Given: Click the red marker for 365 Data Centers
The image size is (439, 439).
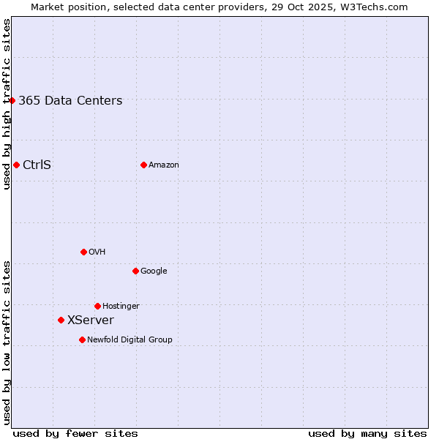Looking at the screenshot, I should [x=12, y=100].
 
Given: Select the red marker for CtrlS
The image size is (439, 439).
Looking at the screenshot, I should [x=16, y=165].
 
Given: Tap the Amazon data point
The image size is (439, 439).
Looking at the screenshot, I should [x=143, y=165].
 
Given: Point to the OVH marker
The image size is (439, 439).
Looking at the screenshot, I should [x=83, y=252].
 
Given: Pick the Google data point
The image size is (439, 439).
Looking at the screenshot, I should [x=135, y=271].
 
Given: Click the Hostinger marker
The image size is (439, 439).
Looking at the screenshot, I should [x=97, y=306].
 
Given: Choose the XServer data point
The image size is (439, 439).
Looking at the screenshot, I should [x=61, y=320].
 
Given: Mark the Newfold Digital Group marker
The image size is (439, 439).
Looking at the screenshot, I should [x=82, y=339].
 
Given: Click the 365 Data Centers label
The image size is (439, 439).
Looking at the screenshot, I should [x=70, y=101].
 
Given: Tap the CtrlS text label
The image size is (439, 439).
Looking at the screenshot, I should [x=37, y=165].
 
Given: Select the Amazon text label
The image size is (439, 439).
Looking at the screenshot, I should [x=164, y=165].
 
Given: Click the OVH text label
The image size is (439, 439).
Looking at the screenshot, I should [x=97, y=252].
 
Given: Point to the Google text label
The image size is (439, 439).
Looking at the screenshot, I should [x=154, y=271].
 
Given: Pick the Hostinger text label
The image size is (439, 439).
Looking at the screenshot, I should [x=121, y=307].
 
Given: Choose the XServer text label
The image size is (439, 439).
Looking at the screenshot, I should [x=91, y=320].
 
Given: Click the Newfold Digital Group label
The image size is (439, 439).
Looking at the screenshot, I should [x=130, y=340].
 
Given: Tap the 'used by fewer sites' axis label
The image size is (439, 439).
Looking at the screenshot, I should [x=75, y=434].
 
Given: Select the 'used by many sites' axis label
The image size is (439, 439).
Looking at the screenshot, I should [x=367, y=434].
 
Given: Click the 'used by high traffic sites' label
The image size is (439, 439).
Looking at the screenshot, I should [x=7, y=105].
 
